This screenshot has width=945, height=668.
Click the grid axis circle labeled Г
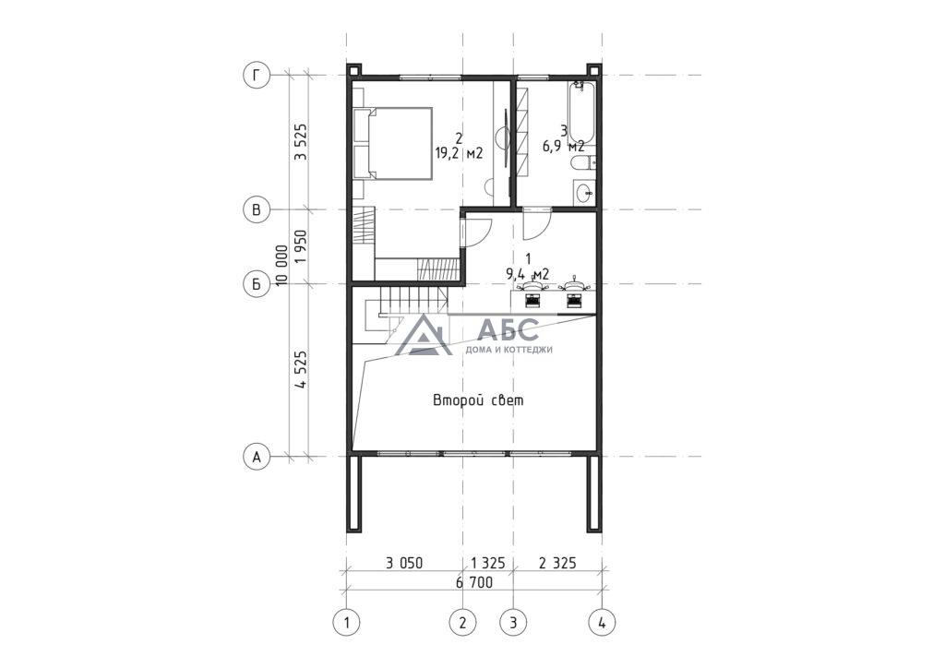(257, 76)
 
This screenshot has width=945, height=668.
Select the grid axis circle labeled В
(257, 209)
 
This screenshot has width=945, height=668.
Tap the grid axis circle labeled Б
(257, 283)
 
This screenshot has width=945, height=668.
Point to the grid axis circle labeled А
(257, 457)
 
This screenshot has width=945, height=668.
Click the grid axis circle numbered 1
(347, 622)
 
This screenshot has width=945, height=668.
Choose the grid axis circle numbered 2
(462, 622)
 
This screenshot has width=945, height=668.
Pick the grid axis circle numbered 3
(513, 622)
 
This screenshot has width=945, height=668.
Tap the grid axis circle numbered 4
(602, 622)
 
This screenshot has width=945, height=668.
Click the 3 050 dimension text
(404, 563)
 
